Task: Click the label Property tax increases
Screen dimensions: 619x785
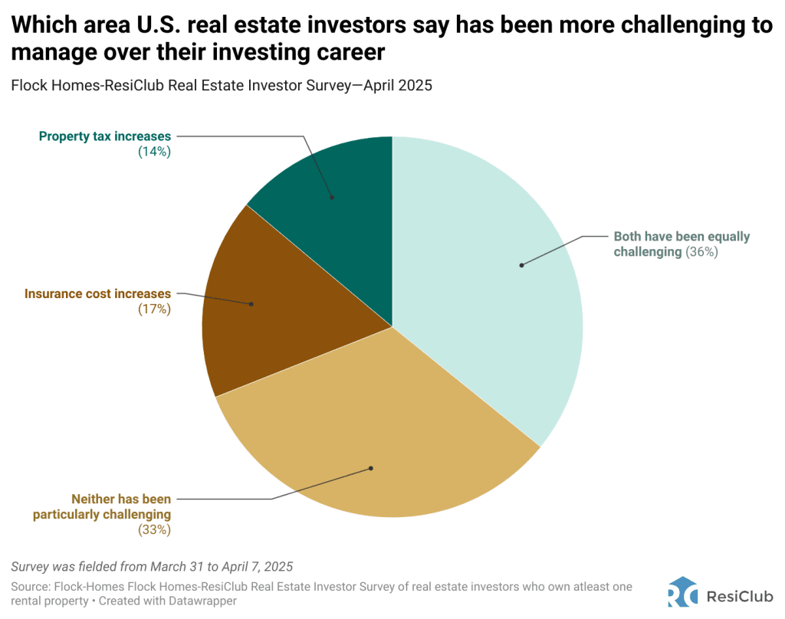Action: [105, 136]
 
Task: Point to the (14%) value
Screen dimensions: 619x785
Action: [154, 152]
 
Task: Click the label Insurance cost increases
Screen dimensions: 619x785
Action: [97, 293]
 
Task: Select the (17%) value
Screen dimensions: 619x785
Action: [154, 309]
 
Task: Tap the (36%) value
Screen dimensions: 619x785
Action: [702, 251]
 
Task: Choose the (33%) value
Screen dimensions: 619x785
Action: [154, 529]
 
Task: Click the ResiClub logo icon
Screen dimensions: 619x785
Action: [682, 591]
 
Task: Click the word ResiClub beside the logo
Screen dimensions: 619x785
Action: [739, 592]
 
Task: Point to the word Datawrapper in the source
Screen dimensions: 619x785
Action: [199, 601]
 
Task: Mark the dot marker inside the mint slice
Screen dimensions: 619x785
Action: [521, 265]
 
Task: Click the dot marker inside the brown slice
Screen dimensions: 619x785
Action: [251, 304]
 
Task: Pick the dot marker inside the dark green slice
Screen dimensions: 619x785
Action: [332, 197]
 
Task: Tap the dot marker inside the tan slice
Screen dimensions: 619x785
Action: [371, 467]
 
